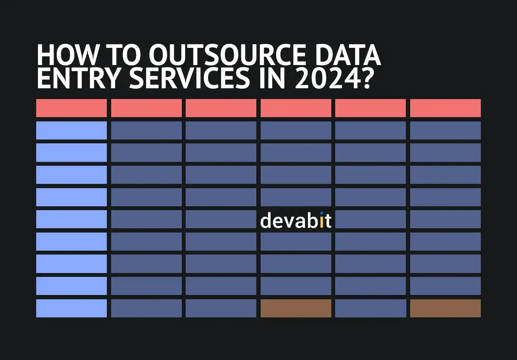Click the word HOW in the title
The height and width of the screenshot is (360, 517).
[x=67, y=55]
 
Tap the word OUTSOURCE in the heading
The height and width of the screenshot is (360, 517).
[x=227, y=55]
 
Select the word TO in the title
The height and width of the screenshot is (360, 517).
[x=124, y=55]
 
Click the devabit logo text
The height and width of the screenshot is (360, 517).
[x=296, y=220]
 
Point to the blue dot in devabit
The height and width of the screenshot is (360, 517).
[x=322, y=213]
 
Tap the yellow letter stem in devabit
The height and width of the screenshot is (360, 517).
[x=322, y=222]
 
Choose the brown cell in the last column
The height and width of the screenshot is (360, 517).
[x=445, y=308]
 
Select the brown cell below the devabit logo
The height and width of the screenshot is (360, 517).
[x=296, y=308]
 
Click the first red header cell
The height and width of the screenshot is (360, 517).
[x=72, y=108]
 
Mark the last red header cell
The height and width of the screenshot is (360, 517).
[x=445, y=108]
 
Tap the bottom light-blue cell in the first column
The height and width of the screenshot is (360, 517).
[x=72, y=308]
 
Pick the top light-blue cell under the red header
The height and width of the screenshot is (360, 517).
[x=72, y=130]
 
